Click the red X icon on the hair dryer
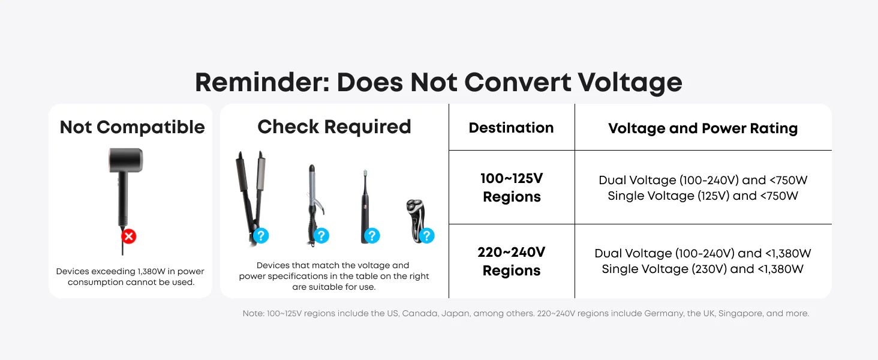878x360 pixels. (128, 236)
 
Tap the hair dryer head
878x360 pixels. (125, 160)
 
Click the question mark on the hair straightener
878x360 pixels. (261, 236)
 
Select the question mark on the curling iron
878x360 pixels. (321, 236)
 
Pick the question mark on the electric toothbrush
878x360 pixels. (372, 236)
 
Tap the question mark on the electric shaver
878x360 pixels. (427, 236)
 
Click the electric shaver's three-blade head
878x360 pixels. (415, 206)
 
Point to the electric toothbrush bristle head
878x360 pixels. (365, 173)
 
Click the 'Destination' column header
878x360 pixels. (511, 128)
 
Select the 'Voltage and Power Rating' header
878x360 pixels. (703, 128)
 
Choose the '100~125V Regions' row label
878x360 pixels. (512, 187)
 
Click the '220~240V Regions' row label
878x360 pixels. (511, 261)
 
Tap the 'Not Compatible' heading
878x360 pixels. (132, 127)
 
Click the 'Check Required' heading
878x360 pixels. (334, 127)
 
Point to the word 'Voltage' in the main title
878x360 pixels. (630, 83)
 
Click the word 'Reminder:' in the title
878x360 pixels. (262, 82)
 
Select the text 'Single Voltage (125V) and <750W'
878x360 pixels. (703, 196)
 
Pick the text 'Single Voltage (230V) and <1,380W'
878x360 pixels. (703, 269)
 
